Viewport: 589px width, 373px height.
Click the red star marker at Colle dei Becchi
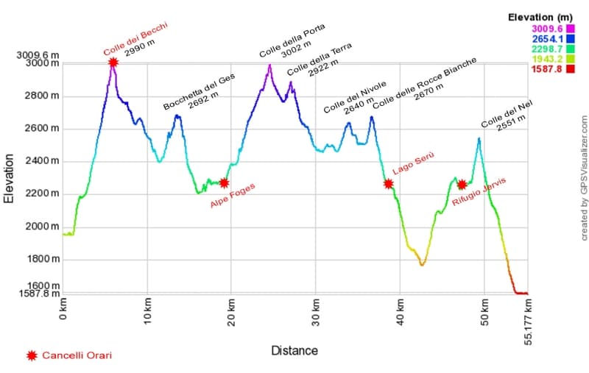[113, 63]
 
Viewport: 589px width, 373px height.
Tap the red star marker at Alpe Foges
[224, 182]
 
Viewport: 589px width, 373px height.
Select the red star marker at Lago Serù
[389, 183]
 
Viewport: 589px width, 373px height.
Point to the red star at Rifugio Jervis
[462, 185]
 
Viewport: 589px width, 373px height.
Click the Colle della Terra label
[320, 60]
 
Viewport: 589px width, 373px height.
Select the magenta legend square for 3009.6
[570, 29]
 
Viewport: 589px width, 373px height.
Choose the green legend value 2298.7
[546, 49]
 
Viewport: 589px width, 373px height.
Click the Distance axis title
[294, 350]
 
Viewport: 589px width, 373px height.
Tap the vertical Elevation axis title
[10, 178]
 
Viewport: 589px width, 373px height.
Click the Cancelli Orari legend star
[32, 356]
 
